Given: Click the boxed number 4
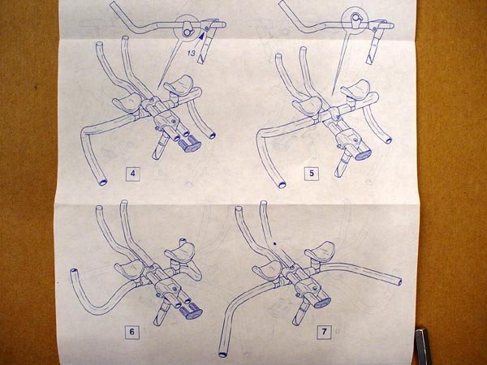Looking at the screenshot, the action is pos(133,174).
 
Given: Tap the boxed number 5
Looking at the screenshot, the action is pos(312,174).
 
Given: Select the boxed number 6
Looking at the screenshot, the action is pos(132,332).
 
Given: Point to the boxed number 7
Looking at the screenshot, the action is pos(324,332).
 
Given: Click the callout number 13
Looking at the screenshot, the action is pos(192,53).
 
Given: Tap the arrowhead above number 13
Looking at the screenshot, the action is pos(202,36).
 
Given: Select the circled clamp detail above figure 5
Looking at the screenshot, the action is pos(355,19).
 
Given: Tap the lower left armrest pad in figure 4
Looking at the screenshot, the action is pos(127,102).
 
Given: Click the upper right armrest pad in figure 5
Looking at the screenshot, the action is pos(356,88).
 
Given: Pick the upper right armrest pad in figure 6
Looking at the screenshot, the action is pos(180,252).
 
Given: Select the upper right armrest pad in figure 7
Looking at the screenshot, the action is pos(320,251).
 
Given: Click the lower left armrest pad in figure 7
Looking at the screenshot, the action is pos(267,269).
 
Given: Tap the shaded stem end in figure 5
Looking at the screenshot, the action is pos(363,155).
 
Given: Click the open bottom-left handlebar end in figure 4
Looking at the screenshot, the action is pos(102,182).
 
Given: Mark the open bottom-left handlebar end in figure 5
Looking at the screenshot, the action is pos(282,185).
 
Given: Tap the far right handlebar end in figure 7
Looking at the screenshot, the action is pos(399,281).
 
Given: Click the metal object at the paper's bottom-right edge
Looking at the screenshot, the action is pos(423,346).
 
